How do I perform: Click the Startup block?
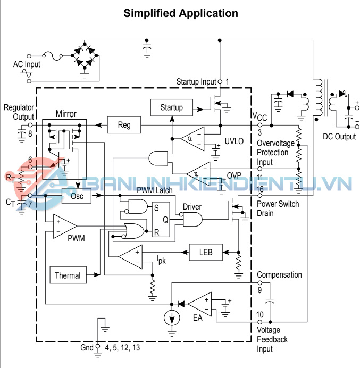(171, 107)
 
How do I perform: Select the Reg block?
(124, 125)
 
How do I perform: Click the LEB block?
(206, 252)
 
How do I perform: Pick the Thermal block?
(68, 275)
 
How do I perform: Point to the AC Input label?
(27, 64)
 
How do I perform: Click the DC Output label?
(339, 137)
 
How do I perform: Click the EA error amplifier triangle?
(199, 305)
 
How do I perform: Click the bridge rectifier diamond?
(86, 54)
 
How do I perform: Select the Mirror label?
(66, 114)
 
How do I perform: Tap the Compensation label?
(279, 275)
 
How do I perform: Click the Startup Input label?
(196, 81)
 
